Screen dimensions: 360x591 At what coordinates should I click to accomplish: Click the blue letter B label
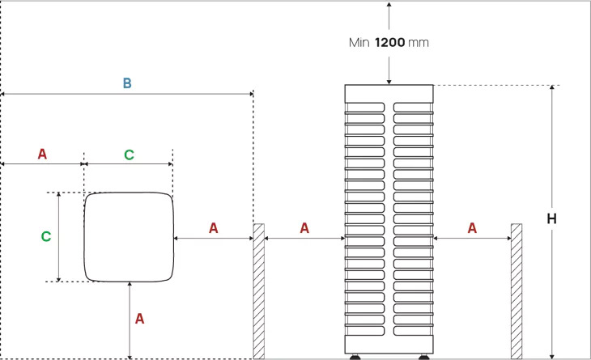(126, 83)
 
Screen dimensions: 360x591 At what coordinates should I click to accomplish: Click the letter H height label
(551, 219)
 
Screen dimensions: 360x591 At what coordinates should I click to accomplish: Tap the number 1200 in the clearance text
(391, 43)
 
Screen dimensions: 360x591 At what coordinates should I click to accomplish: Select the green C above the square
(129, 153)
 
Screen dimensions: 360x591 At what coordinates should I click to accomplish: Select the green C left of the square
(46, 236)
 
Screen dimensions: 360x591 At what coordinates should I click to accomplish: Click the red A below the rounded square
(139, 319)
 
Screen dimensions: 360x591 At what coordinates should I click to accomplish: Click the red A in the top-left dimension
(42, 153)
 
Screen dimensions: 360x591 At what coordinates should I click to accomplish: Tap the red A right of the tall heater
(472, 228)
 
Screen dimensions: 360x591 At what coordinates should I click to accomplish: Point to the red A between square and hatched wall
(214, 228)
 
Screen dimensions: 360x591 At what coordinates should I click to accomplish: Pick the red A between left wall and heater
(304, 228)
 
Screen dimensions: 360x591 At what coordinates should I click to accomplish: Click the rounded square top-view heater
(130, 236)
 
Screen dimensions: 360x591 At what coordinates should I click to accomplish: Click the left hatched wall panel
(259, 290)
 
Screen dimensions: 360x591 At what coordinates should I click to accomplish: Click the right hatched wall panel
(516, 290)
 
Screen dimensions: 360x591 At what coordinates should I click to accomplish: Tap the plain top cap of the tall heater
(389, 92)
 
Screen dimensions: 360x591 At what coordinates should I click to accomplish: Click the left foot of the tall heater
(355, 357)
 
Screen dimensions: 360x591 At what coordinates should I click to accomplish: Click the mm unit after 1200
(419, 43)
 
